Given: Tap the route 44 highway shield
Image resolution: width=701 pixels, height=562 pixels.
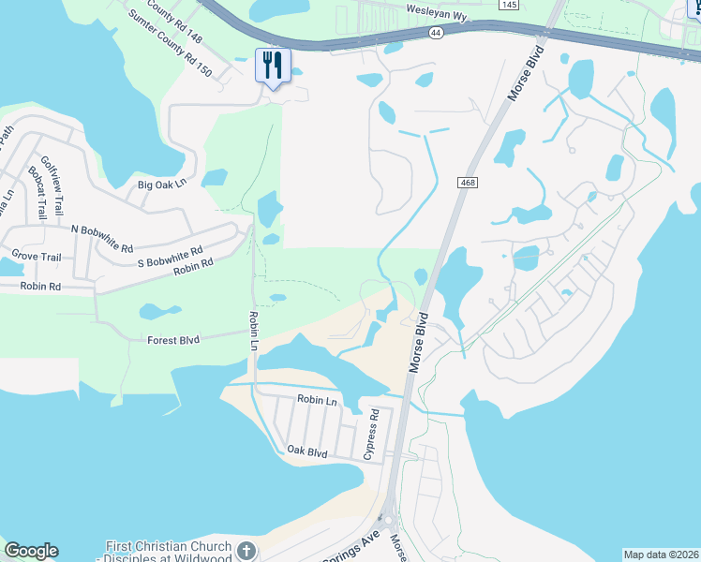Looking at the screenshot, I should (436, 32).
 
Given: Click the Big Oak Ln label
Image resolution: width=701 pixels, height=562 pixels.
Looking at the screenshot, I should (162, 185).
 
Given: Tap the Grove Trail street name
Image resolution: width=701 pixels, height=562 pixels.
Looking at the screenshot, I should (36, 256).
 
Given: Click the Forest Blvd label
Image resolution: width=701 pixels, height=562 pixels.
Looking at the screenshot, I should (173, 341).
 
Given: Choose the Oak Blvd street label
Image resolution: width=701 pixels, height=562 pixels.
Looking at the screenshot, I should (307, 452).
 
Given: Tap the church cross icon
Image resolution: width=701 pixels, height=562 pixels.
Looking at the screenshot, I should (246, 550).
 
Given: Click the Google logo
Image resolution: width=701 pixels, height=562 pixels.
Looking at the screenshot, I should (31, 551).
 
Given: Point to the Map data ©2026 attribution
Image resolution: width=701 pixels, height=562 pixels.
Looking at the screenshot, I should (662, 555).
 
